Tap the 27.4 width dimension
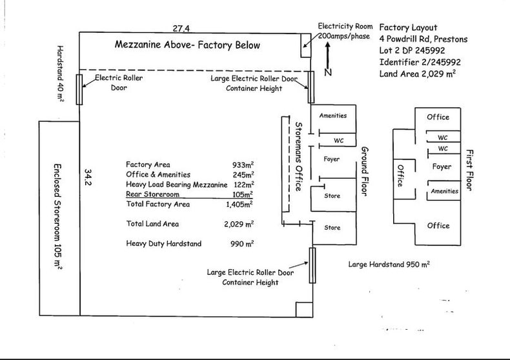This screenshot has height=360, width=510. click(x=181, y=28)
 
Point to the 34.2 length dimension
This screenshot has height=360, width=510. click(x=88, y=177)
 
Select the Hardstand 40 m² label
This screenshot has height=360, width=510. click(x=60, y=74)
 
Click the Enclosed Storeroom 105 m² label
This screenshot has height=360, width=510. click(x=57, y=217)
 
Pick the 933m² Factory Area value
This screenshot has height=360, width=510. click(x=243, y=165)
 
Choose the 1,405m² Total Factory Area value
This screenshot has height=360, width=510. click(x=240, y=204)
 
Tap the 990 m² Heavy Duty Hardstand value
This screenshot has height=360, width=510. click(x=242, y=243)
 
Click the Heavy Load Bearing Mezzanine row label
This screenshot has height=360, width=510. click(x=177, y=185)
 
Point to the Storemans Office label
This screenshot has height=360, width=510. click(x=298, y=156)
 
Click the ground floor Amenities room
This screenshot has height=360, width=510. click(x=333, y=119)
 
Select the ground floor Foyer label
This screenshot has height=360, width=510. click(x=331, y=159)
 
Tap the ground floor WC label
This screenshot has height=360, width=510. click(x=338, y=141)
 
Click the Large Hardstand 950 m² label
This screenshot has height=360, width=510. click(x=389, y=264)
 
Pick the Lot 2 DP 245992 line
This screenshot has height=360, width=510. click(x=412, y=50)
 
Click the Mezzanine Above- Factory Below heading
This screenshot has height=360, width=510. click(x=187, y=45)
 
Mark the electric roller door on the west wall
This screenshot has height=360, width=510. click(x=79, y=89)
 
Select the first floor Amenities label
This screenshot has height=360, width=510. click(x=444, y=191)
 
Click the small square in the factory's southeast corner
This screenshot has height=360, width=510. click(x=304, y=310)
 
